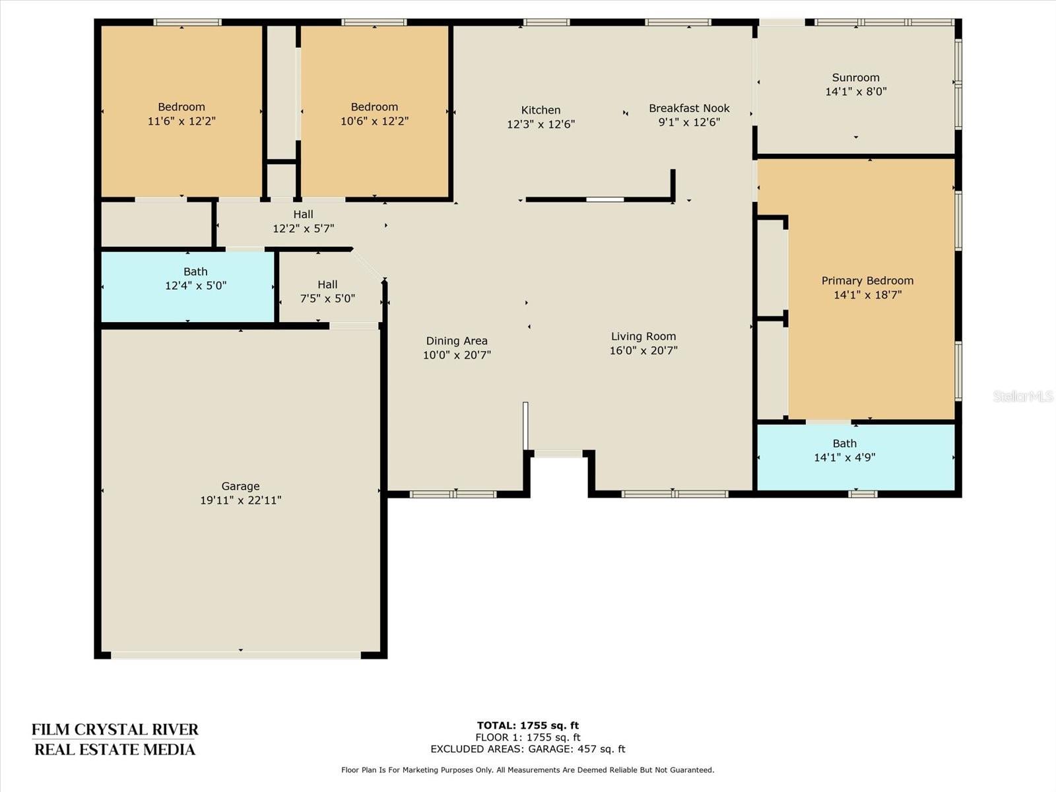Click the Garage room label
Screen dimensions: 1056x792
[x=240, y=486]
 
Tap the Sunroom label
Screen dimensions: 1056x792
[x=856, y=77]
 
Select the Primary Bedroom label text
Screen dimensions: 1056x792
[x=867, y=281]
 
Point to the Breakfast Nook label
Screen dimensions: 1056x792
[x=689, y=108]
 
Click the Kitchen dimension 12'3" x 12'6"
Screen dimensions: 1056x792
[x=541, y=124]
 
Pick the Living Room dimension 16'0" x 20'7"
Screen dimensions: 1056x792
[x=643, y=350]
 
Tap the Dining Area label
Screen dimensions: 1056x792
[x=457, y=341]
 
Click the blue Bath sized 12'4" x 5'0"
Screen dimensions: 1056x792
[x=187, y=286]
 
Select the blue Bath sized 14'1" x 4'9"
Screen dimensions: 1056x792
[x=856, y=457]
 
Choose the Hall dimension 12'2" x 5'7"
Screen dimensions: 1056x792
[x=304, y=228]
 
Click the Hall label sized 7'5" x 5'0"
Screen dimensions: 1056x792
[x=327, y=284]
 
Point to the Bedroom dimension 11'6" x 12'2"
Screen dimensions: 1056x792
[x=181, y=121]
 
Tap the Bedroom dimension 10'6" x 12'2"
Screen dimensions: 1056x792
[x=374, y=121]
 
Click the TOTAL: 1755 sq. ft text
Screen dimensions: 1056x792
[x=528, y=725]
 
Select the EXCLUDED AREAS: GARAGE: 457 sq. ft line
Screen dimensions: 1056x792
[x=528, y=748]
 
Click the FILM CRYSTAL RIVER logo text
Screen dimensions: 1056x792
[x=115, y=729]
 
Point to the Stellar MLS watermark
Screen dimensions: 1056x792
[x=1023, y=396]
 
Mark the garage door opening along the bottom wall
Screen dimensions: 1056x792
[x=236, y=655]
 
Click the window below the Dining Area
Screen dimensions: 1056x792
[x=453, y=494]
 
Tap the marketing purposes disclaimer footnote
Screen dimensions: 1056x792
[x=528, y=770]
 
